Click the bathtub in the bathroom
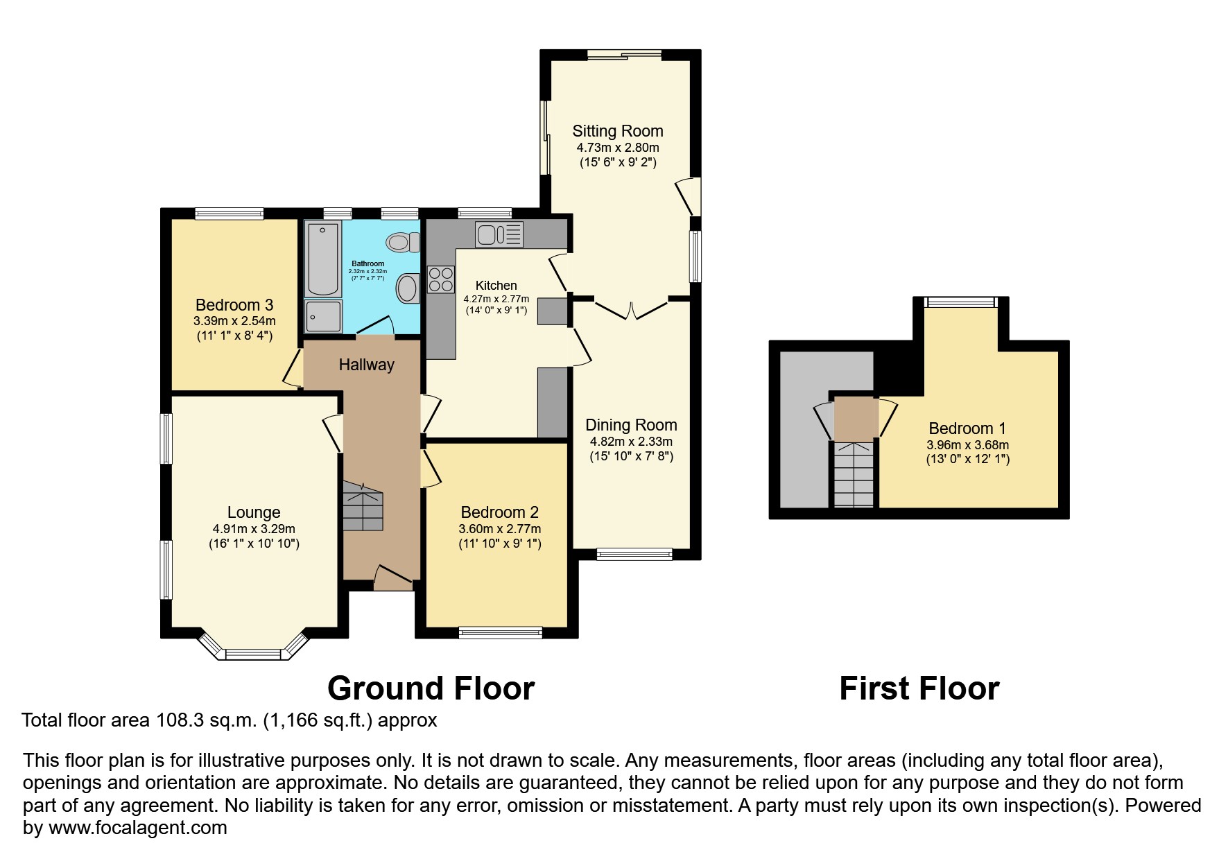pos(323,259)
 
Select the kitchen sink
pos(499,234)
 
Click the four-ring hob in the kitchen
pos(440,279)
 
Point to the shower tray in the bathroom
pos(324,316)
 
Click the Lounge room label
pos(254,512)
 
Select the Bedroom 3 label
pos(234,305)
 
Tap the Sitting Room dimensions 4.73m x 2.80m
pos(617,148)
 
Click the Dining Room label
pos(631,425)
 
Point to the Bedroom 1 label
pos(967,428)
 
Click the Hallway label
pos(366,365)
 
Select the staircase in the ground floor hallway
pos(363,507)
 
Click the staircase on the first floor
pos(853,475)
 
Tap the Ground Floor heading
pos(431,688)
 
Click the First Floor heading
pos(919,688)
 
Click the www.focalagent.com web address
pos(137,828)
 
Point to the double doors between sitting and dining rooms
pos(631,310)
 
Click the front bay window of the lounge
pos(253,653)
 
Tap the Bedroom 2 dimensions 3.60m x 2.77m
pos(499,529)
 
